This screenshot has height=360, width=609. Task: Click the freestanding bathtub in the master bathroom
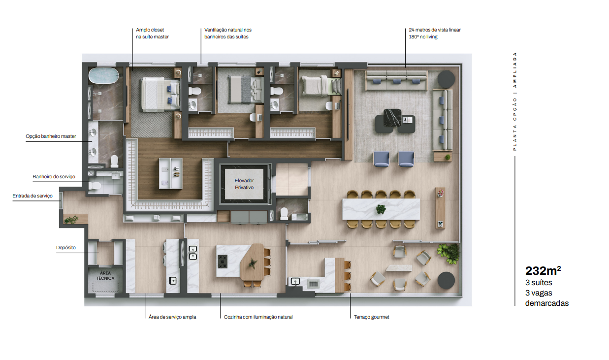coord(103,75)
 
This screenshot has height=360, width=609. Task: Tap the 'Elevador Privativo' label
coord(244,184)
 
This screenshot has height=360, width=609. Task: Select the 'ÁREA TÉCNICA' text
coord(105,275)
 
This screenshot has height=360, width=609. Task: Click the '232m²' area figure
coord(543,270)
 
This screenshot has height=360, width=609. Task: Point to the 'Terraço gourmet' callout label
coord(371,317)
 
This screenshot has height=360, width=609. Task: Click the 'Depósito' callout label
coord(66,247)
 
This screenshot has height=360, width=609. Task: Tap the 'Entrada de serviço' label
coord(32,196)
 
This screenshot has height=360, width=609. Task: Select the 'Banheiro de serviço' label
coord(54,176)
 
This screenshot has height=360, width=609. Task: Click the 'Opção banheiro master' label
coord(51,136)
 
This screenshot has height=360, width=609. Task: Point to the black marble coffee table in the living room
coord(392,118)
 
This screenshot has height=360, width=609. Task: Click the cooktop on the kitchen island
coord(223,262)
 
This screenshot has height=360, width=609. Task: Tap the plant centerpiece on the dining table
coord(381,209)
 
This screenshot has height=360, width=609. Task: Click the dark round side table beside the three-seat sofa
coord(446,79)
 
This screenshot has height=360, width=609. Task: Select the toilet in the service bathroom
coord(95,186)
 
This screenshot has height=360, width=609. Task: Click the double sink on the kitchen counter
coord(193,253)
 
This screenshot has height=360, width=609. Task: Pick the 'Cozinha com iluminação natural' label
coord(258,317)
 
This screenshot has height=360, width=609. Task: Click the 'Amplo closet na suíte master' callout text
coord(152,33)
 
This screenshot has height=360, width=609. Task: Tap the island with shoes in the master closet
coord(170,173)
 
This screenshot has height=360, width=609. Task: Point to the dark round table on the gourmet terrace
coord(446,280)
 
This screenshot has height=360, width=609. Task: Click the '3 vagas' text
coord(539,293)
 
